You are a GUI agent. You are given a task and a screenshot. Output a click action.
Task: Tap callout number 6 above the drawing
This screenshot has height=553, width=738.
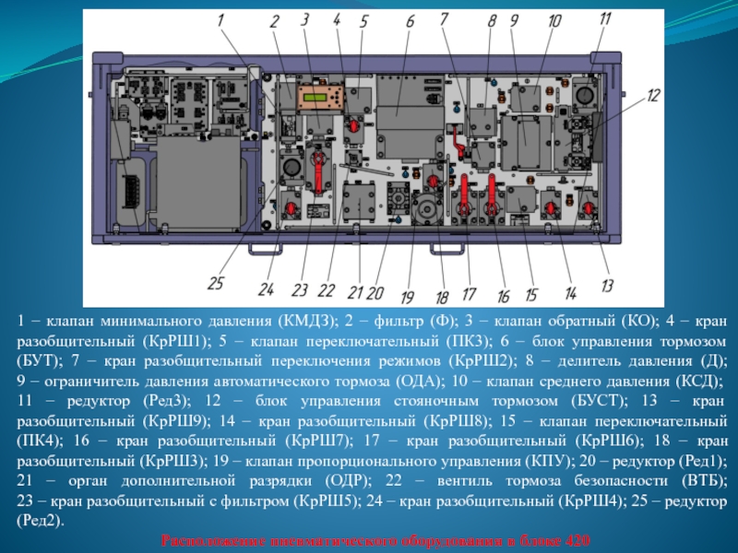(x=410, y=21)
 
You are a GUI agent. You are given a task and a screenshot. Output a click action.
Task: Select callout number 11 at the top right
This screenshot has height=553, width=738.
(x=604, y=18)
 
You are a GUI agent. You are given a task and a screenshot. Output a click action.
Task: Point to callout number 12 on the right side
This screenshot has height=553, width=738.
(x=652, y=94)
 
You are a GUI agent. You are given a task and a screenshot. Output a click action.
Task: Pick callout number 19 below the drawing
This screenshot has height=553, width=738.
(x=407, y=297)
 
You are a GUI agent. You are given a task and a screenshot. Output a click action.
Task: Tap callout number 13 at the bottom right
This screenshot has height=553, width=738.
(x=606, y=285)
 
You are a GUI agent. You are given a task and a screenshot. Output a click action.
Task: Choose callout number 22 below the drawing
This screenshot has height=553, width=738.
(x=327, y=290)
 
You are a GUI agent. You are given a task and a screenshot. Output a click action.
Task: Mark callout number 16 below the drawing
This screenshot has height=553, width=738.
(x=503, y=296)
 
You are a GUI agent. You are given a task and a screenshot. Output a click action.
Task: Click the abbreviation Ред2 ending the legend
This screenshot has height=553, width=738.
(x=41, y=521)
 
